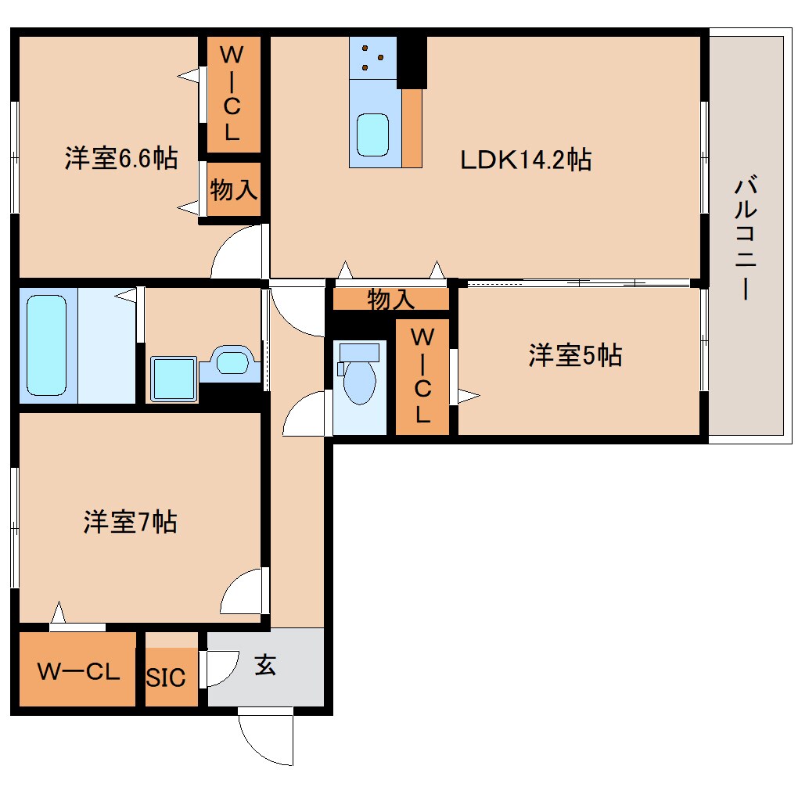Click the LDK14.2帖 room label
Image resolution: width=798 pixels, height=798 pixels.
[524, 160]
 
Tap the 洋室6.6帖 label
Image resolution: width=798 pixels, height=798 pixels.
[120, 159]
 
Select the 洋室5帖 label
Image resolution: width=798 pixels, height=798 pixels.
[575, 356]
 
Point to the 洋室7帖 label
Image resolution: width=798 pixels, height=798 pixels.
[130, 521]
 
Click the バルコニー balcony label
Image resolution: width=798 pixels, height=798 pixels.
[744, 239]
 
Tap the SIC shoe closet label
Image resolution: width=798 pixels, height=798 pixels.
[167, 678]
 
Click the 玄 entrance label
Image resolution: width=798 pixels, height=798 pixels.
[265, 667]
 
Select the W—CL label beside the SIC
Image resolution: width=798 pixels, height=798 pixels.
[78, 671]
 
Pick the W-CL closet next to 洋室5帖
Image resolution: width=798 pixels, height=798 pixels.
[422, 376]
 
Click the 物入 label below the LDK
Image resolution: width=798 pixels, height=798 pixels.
[390, 299]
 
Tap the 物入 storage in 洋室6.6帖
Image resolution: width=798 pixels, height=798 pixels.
[233, 189]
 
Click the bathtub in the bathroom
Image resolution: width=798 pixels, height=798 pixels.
[47, 344]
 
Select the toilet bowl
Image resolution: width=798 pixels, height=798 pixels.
[359, 377]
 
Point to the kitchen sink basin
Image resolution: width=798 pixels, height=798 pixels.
[373, 135]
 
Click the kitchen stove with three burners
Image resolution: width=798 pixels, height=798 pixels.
[372, 56]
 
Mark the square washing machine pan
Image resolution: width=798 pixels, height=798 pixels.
[173, 379]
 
